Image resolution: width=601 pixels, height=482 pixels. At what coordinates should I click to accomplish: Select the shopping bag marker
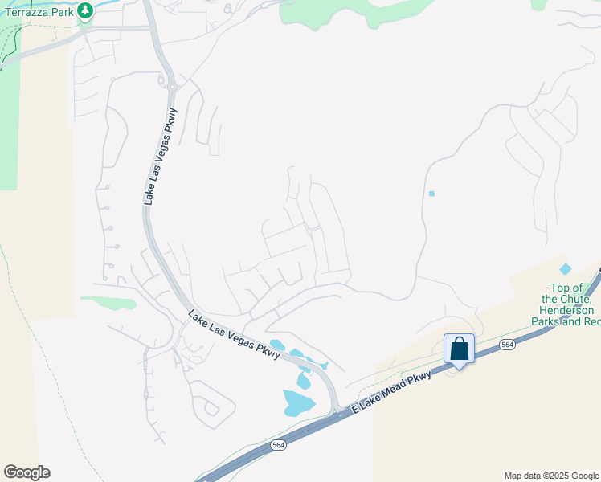(x=459, y=349)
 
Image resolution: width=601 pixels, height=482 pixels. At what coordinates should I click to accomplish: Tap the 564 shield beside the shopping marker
(x=506, y=344)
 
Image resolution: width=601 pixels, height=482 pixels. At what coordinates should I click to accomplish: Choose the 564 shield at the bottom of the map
(x=277, y=445)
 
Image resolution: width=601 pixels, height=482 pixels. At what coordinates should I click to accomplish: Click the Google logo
(x=27, y=472)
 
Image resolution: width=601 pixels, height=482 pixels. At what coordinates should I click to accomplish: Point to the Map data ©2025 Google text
(x=551, y=476)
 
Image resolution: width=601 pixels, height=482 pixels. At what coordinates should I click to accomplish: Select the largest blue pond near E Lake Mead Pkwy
(x=298, y=402)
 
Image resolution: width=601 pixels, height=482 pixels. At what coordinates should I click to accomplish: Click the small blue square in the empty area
(x=431, y=194)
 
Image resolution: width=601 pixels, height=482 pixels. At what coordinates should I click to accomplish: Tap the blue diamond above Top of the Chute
(x=566, y=268)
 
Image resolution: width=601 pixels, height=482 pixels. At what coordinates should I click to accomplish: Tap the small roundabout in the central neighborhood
(x=309, y=231)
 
